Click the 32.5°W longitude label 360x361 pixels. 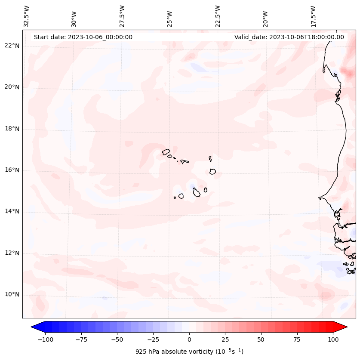pyautogui.click(x=27, y=16)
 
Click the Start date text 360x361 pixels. pyautogui.click(x=83, y=37)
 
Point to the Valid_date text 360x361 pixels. pyautogui.click(x=289, y=37)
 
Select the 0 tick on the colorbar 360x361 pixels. pyautogui.click(x=189, y=339)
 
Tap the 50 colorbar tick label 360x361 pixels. pyautogui.click(x=261, y=339)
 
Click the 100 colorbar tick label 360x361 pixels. pyautogui.click(x=333, y=339)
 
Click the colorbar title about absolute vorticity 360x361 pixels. pyautogui.click(x=189, y=352)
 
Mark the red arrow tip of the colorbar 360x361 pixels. pyautogui.click(x=347, y=327)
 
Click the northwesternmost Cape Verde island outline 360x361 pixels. pyautogui.click(x=166, y=152)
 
